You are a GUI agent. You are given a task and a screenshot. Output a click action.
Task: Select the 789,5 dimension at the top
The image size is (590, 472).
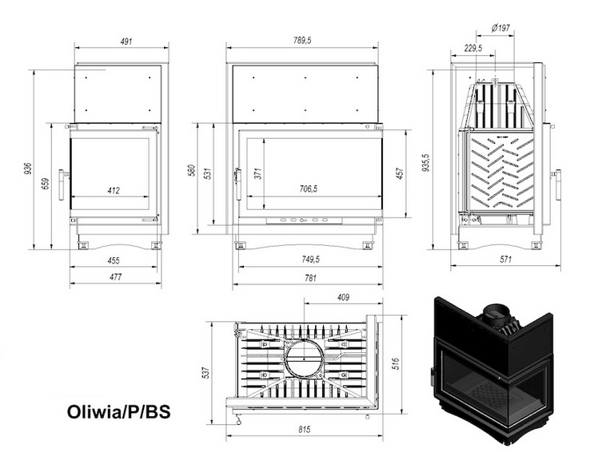click(307, 40)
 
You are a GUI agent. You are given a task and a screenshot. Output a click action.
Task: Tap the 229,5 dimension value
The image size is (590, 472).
click(473, 48)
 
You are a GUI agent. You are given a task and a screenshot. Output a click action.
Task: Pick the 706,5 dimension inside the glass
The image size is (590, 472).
click(308, 189)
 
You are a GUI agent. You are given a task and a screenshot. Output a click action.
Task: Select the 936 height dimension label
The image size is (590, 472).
click(28, 169)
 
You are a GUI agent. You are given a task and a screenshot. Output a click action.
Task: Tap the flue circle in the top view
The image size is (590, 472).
click(304, 358)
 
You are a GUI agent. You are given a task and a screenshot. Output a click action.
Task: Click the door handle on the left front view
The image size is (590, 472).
click(62, 175)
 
